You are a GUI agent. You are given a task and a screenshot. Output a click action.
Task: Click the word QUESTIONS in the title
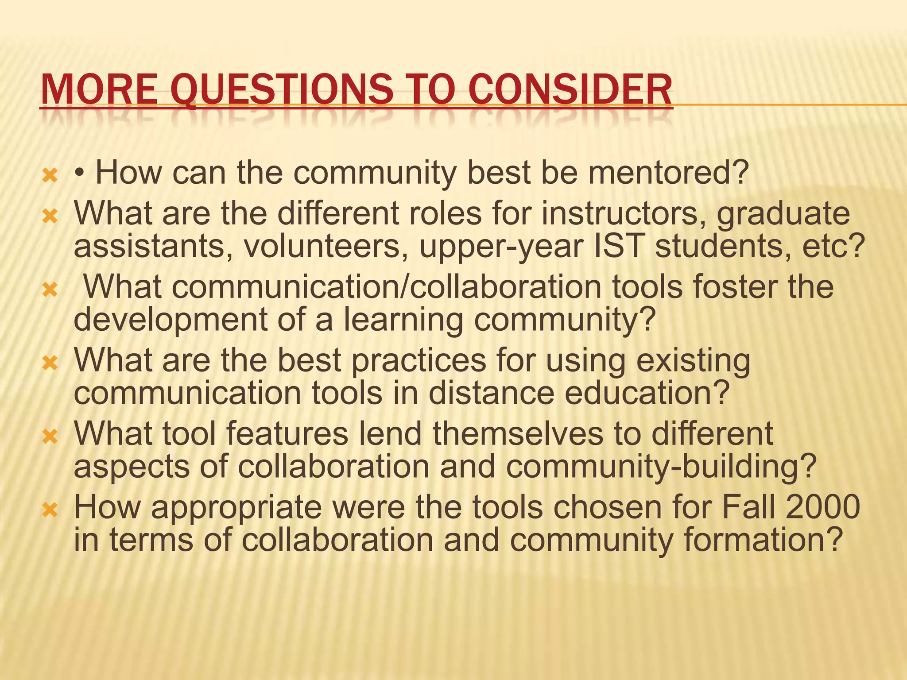(x=283, y=90)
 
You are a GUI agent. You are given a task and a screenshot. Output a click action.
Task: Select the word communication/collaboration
(x=342, y=287)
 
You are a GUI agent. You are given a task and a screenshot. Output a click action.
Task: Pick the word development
(x=171, y=320)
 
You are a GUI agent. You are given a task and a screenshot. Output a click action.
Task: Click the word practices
(x=418, y=360)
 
